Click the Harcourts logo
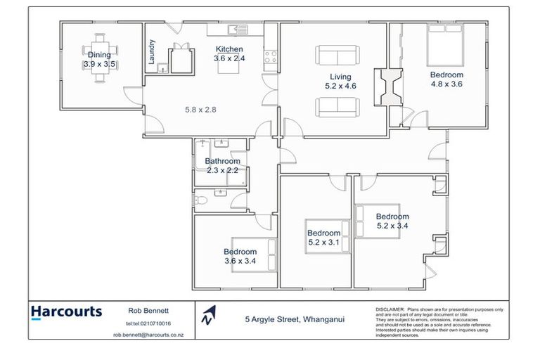(x=66, y=311)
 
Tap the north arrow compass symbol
(x=207, y=316)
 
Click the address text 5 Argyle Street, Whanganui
(x=293, y=319)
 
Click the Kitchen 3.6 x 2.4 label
(x=229, y=53)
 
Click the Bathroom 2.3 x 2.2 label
(x=222, y=165)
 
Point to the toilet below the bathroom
(x=201, y=201)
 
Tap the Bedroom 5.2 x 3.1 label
(x=323, y=238)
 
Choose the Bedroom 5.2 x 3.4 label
(x=392, y=221)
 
